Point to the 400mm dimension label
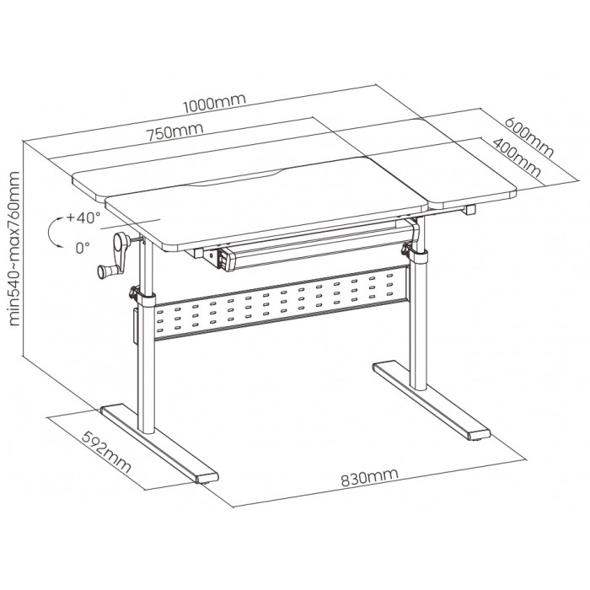point(517,158)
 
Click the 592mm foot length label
point(106,452)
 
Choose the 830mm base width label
point(369,477)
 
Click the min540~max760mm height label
point(13,249)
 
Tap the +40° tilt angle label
point(83,217)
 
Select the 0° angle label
point(83,248)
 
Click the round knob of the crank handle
point(102,271)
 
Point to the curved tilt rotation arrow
point(52,232)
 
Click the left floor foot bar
point(159,444)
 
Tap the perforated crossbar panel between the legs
point(281,303)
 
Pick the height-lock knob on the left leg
point(133,292)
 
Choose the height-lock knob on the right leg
point(406,249)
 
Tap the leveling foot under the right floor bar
point(479,439)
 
